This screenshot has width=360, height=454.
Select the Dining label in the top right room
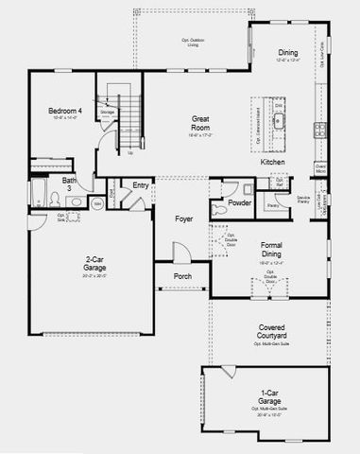point(288,53)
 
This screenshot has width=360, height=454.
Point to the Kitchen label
point(273,162)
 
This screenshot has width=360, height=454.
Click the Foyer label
point(185,218)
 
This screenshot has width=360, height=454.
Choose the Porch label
point(183,276)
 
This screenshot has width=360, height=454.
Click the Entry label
point(141,185)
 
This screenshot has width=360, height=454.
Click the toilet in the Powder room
point(218,201)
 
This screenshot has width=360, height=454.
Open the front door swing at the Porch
point(179,253)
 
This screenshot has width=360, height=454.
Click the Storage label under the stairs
point(108,112)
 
